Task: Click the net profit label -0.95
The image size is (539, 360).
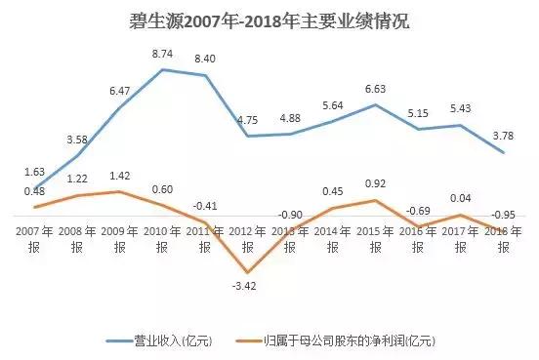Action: (503, 214)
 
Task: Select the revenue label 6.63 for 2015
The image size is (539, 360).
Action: (375, 88)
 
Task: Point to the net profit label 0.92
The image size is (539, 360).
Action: (375, 183)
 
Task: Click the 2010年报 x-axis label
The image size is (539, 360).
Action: (162, 240)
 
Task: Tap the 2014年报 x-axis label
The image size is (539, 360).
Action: (332, 240)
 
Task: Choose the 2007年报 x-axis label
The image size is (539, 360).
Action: (35, 240)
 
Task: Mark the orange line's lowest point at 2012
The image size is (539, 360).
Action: (247, 271)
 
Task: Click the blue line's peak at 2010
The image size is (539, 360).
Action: (162, 69)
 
